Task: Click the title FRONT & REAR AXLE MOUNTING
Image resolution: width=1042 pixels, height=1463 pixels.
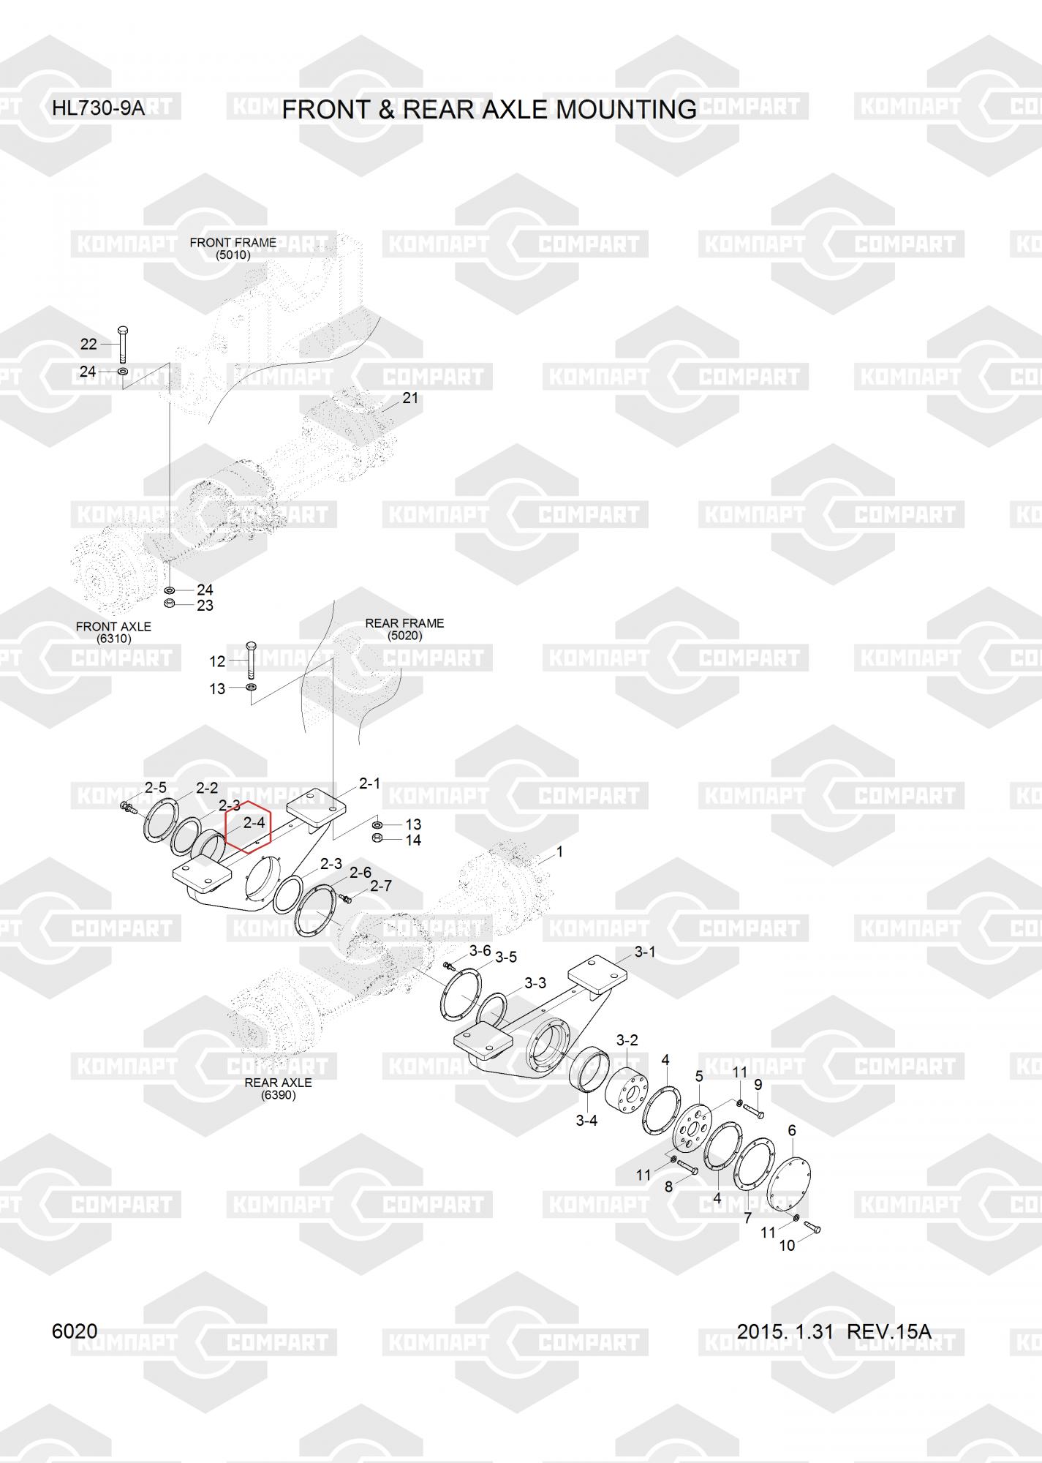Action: pyautogui.click(x=489, y=110)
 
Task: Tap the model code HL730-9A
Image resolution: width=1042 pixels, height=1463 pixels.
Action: pyautogui.click(x=98, y=110)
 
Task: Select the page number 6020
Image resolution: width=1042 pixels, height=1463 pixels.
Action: pyautogui.click(x=75, y=1331)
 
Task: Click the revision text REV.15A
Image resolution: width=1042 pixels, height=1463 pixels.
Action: pyautogui.click(x=888, y=1331)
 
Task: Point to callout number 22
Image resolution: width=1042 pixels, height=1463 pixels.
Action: pyautogui.click(x=88, y=344)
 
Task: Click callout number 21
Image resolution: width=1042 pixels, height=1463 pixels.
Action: pyautogui.click(x=410, y=398)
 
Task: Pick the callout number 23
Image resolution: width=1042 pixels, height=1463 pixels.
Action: pyautogui.click(x=205, y=606)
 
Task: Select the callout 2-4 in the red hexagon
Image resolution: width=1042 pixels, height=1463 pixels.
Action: pyautogui.click(x=254, y=823)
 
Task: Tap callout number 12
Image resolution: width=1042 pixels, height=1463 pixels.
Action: pyautogui.click(x=217, y=661)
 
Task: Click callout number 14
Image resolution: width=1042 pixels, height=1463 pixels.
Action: pyautogui.click(x=413, y=840)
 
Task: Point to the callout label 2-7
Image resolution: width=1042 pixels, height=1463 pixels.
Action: pyautogui.click(x=381, y=886)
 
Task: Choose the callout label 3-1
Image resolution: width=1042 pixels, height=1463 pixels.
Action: pyautogui.click(x=645, y=952)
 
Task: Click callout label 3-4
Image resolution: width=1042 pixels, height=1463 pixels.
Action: pyautogui.click(x=586, y=1121)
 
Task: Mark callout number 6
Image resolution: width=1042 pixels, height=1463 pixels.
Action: pyautogui.click(x=792, y=1130)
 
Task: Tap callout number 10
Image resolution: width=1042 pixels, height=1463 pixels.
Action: pyautogui.click(x=787, y=1246)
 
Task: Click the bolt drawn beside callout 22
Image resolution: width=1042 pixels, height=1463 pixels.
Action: pyautogui.click(x=123, y=343)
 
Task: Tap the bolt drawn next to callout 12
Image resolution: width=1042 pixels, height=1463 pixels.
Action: pyautogui.click(x=251, y=660)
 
